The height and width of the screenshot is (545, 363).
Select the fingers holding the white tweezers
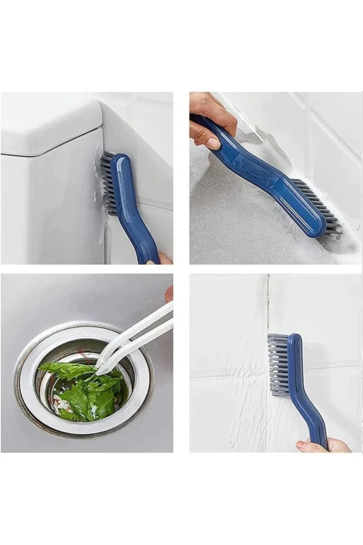click(x=169, y=293)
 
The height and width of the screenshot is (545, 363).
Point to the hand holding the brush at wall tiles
click(x=322, y=445)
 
